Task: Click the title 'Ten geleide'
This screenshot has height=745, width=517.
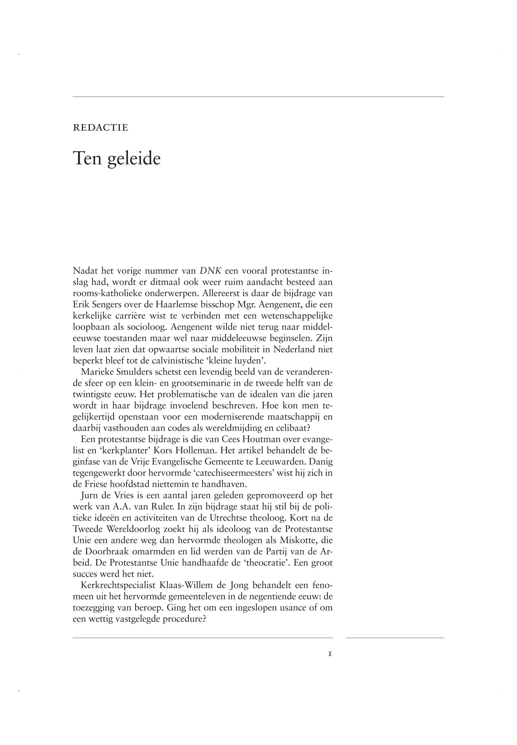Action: click(x=117, y=159)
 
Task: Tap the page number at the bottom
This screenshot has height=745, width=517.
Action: click(x=330, y=654)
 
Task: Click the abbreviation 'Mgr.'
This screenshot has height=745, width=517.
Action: click(x=245, y=305)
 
